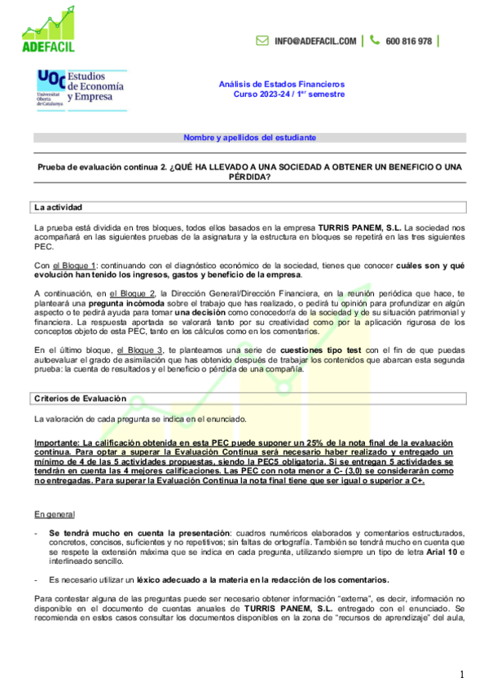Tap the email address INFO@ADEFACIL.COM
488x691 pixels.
click(315, 41)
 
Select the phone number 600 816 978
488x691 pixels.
click(409, 41)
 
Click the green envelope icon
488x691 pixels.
click(262, 41)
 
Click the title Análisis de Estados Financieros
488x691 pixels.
click(282, 84)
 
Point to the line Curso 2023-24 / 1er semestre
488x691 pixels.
click(289, 94)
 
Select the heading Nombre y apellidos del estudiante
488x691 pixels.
click(249, 138)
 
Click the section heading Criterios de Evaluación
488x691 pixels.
click(81, 398)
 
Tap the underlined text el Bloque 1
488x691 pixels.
click(75, 266)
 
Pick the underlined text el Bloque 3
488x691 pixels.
click(139, 349)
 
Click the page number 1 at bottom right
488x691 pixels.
click(461, 675)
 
